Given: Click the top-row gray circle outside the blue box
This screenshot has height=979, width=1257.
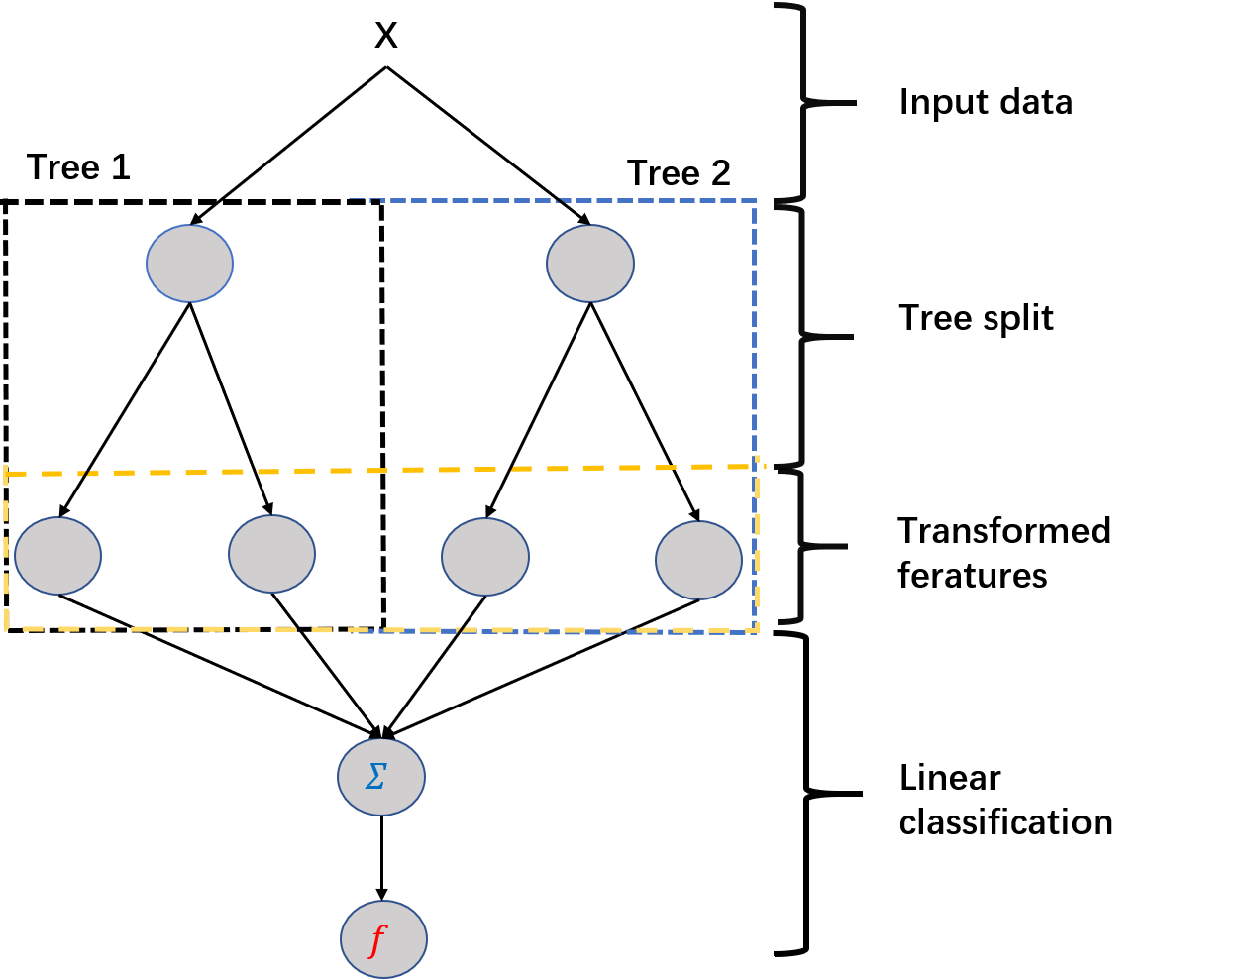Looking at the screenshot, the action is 189,264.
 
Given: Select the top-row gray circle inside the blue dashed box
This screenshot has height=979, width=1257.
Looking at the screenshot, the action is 590,264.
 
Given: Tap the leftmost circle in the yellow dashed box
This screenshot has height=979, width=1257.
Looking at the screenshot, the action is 57,556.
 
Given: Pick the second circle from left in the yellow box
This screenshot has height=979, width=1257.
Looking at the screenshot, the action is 271,554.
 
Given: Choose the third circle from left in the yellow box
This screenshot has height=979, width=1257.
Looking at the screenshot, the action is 485,557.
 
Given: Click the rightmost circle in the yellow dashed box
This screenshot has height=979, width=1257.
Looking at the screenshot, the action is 698,560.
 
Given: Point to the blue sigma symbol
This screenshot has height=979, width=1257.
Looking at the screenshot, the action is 375,777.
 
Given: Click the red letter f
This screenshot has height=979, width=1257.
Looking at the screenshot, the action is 376,938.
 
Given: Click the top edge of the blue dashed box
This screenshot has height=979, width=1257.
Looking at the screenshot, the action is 555,200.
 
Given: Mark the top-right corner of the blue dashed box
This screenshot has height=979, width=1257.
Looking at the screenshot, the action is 755,201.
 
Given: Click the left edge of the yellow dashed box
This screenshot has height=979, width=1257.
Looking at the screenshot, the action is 6,551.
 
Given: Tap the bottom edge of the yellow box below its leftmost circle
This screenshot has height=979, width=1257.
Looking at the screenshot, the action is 57,628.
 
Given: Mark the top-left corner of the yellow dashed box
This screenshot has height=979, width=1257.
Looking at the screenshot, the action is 6,474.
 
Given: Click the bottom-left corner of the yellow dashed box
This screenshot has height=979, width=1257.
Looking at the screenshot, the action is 7,628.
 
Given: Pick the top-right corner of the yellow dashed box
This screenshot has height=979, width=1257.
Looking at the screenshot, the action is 758,466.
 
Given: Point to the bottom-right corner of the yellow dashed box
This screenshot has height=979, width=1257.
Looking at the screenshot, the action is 758,629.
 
